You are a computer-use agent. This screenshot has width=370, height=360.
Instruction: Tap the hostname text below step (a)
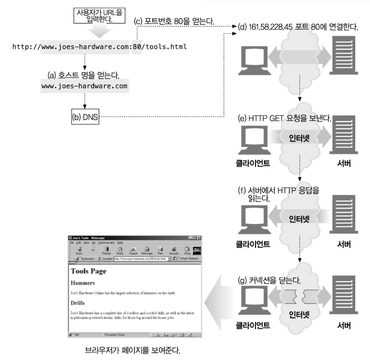85,86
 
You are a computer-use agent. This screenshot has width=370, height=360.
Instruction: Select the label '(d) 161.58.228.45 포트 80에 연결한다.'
298,27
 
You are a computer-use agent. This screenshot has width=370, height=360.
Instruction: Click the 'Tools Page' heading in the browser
88,271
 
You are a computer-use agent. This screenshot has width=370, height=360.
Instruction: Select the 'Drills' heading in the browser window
78,302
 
